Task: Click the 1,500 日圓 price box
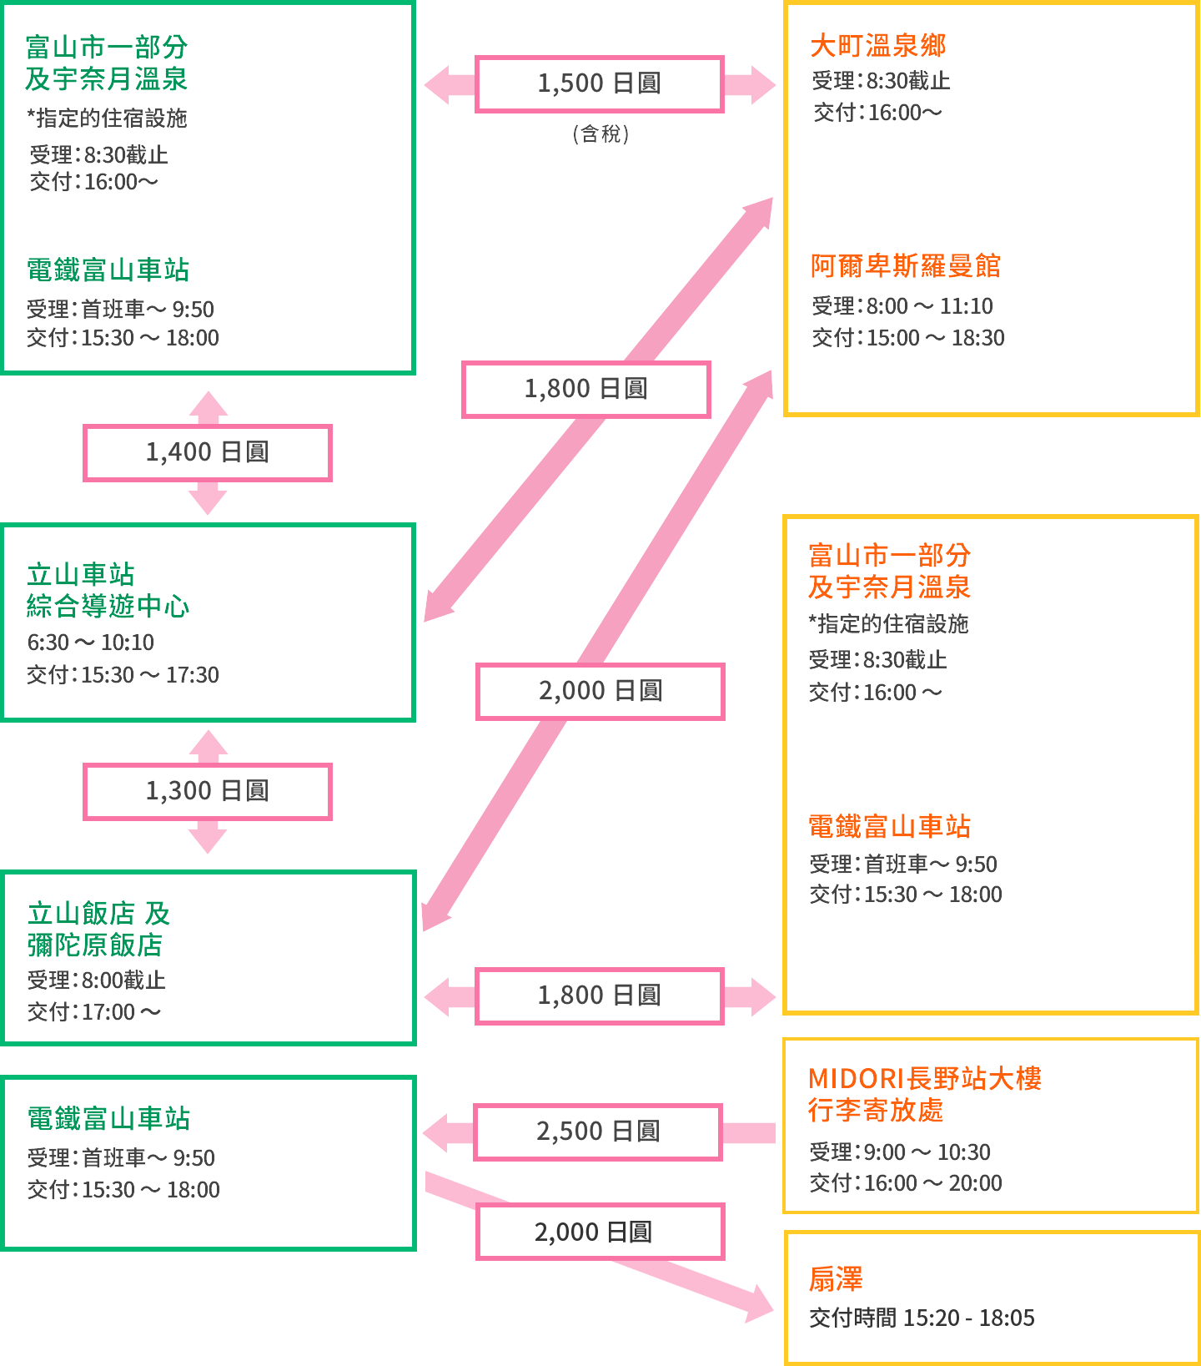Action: tap(599, 83)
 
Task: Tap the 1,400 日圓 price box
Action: tap(208, 452)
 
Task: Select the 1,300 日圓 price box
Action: tap(208, 791)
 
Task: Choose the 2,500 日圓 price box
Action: tap(598, 1132)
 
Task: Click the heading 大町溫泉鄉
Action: tap(878, 46)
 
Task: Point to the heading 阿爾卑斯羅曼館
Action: tap(906, 266)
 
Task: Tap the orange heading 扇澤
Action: tap(836, 1278)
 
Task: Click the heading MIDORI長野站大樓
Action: tap(925, 1078)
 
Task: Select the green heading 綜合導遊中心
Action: tap(108, 606)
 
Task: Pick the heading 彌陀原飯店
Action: tap(95, 945)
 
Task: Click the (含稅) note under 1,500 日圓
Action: tap(600, 134)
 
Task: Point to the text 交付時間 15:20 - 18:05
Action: tap(922, 1318)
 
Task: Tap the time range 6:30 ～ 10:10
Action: tap(90, 643)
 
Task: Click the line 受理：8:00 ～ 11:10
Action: tap(902, 306)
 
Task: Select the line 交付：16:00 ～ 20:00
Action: tap(906, 1183)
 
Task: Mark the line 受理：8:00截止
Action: tap(96, 980)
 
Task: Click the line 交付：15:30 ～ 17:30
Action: tap(123, 674)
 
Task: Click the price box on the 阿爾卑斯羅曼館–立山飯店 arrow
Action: tap(600, 691)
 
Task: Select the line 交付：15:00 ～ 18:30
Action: tap(908, 338)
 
